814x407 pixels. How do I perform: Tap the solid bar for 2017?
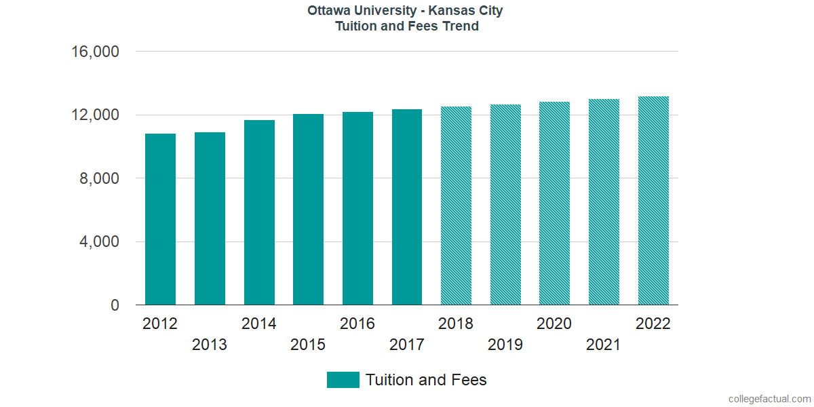point(407,207)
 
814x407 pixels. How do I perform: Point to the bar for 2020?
point(554,203)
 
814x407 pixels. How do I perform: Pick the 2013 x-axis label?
point(210,345)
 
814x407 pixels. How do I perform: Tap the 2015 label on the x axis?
point(308,345)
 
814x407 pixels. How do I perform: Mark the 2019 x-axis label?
point(505,345)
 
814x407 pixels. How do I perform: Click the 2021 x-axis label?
point(604,345)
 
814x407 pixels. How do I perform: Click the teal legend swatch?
point(343,380)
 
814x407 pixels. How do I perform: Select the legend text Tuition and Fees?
point(426,380)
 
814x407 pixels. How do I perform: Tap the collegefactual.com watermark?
point(769,399)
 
